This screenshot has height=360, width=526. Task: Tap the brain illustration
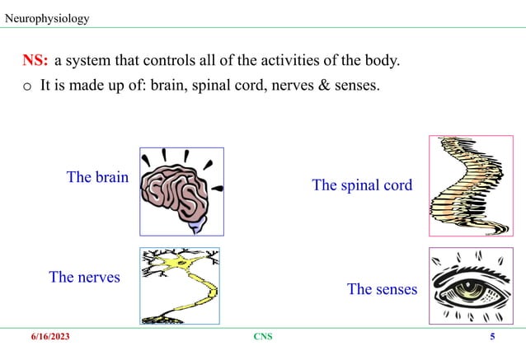[181, 191]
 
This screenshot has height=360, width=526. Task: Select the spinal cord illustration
[471, 185]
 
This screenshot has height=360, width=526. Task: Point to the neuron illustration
[180, 286]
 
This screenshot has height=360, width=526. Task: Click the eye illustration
[471, 286]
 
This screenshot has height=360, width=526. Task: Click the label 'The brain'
[97, 177]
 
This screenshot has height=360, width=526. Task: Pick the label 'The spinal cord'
[362, 185]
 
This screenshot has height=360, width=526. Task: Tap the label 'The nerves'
[84, 277]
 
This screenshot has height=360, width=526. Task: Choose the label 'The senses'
[382, 289]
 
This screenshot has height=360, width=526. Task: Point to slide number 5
[492, 338]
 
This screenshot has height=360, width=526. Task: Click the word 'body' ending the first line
[383, 61]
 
